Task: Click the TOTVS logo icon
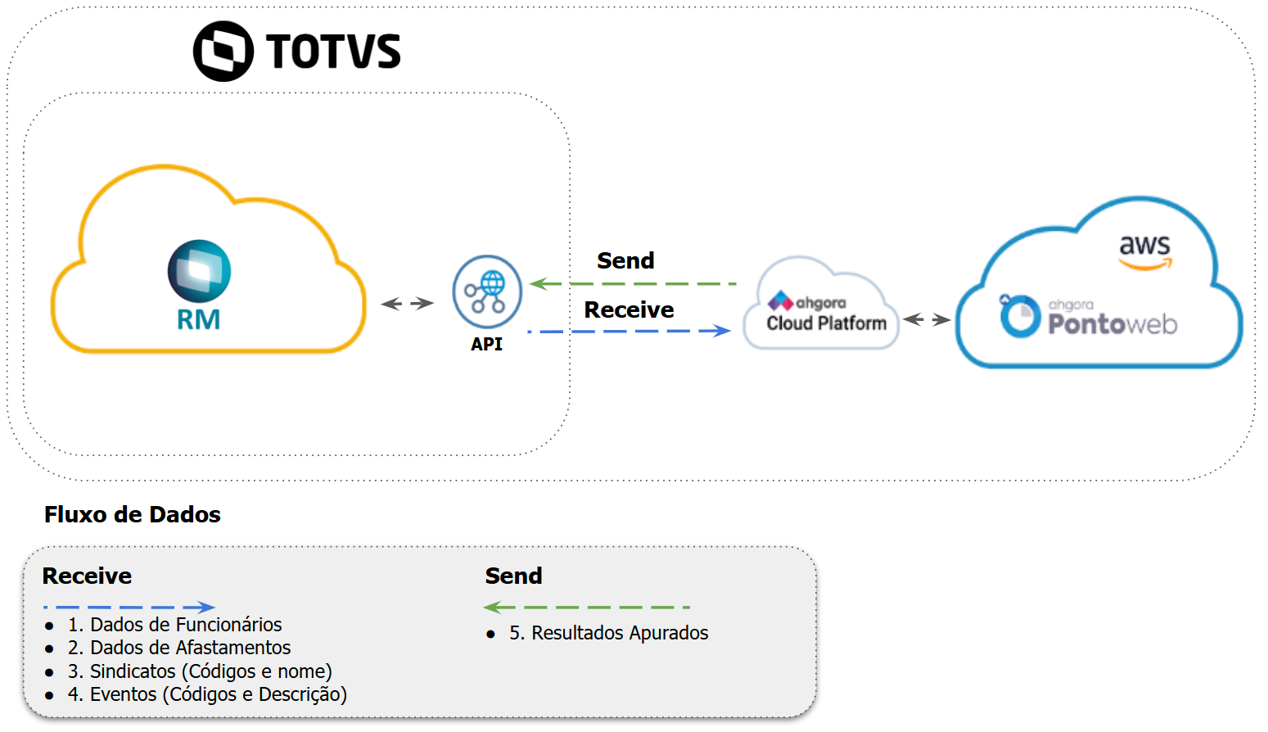pyautogui.click(x=223, y=51)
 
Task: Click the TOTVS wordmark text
pyautogui.click(x=333, y=52)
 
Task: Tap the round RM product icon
pyautogui.click(x=199, y=271)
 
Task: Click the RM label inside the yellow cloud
pyautogui.click(x=199, y=319)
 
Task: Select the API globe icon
pyautogui.click(x=487, y=291)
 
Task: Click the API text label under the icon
pyautogui.click(x=486, y=345)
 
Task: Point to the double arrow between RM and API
pyautogui.click(x=408, y=304)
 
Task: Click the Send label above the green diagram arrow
pyautogui.click(x=625, y=260)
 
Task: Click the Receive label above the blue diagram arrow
pyautogui.click(x=629, y=310)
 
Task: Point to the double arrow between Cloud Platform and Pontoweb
pyautogui.click(x=927, y=319)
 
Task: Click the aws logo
pyautogui.click(x=1145, y=251)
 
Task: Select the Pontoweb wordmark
pyautogui.click(x=1112, y=324)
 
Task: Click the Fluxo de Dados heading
pyautogui.click(x=133, y=514)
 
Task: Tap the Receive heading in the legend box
pyautogui.click(x=87, y=576)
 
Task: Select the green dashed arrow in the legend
pyautogui.click(x=587, y=608)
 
